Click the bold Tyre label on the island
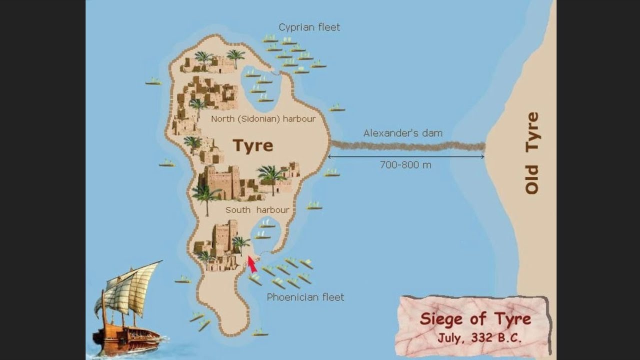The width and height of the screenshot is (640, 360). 253,145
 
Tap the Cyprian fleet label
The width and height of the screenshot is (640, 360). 309,27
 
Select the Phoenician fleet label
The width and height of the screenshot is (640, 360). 305,297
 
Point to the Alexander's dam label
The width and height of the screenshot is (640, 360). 402,133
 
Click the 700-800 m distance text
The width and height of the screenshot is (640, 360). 405,164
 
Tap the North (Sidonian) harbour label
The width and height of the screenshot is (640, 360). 263,119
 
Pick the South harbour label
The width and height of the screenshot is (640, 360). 257,210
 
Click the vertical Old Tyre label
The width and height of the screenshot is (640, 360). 532,152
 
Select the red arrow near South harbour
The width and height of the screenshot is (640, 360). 252,264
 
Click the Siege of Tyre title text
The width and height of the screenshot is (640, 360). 475,319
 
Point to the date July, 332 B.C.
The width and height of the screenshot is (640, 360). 479,337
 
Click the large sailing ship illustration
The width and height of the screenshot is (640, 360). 127,310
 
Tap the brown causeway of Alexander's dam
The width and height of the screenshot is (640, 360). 407,146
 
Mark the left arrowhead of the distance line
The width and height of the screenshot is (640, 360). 330,156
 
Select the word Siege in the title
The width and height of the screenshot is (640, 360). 442,319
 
